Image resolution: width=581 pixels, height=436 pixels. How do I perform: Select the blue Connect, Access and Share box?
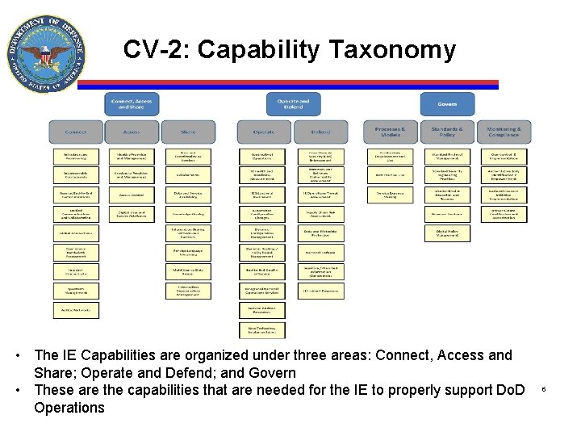132,103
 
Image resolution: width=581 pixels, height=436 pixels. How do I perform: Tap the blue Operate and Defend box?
292,103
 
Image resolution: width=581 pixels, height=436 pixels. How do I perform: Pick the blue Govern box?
447,103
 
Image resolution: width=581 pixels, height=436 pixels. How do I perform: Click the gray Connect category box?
76,132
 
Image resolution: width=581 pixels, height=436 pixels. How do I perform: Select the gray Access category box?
132,132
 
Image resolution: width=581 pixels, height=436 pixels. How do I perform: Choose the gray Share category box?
188,132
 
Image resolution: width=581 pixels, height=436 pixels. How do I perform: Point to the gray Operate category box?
263,132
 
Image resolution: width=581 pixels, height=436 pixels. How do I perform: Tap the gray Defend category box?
320,132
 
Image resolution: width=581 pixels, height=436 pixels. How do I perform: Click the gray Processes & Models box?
390,132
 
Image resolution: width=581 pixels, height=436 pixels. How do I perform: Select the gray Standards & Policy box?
447,132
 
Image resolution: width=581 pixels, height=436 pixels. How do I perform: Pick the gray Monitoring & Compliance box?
504,132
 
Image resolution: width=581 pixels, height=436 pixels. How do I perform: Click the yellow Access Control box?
132,195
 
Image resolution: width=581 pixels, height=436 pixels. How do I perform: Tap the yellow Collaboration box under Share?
188,174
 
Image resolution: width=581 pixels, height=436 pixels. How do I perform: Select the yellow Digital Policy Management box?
447,233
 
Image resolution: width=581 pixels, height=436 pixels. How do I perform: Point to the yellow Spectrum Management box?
76,289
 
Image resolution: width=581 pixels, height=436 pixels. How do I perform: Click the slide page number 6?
544,390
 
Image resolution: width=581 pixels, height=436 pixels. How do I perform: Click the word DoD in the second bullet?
509,390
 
